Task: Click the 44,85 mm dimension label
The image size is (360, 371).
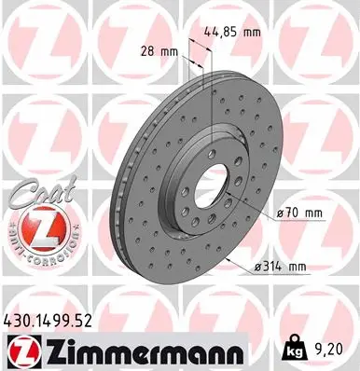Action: tap(232, 32)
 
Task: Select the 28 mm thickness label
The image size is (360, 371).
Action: tap(159, 51)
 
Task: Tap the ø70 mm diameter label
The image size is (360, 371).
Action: tap(299, 213)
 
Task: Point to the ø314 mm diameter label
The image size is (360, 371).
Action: tap(281, 267)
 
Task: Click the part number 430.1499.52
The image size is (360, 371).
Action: tap(48, 321)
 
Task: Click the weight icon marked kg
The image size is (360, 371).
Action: tap(291, 349)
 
